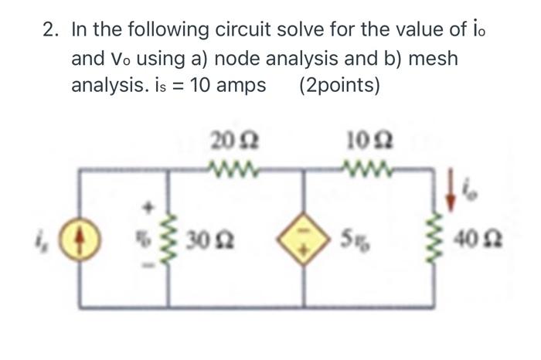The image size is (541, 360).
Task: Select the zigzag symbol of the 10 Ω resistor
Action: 362,165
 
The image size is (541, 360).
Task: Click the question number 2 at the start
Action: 51,30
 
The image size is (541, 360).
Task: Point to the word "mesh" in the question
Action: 424,58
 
